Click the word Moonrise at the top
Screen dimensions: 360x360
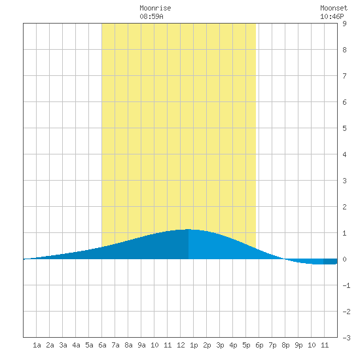[155, 8]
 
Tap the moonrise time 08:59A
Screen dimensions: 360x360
[152, 16]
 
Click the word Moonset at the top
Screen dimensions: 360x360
[334, 8]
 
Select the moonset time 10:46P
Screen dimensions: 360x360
[332, 16]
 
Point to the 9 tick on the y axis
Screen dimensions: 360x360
[344, 24]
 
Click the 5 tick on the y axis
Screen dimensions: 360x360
[344, 128]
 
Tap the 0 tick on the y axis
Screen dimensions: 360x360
[344, 259]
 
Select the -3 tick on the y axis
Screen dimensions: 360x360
[346, 338]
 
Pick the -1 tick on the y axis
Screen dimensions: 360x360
[346, 285]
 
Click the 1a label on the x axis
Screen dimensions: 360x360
[37, 345]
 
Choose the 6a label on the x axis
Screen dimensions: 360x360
[102, 345]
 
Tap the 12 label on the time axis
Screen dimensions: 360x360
[181, 345]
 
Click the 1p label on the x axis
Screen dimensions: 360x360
[194, 345]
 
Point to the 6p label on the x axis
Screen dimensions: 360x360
[259, 345]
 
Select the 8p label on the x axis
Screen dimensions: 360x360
[285, 345]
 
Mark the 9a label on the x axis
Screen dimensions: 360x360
[141, 345]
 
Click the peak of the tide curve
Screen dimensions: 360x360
[189, 229]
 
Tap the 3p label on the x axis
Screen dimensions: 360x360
[220, 345]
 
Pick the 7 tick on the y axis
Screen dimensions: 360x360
[344, 76]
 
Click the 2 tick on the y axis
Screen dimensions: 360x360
[344, 207]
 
